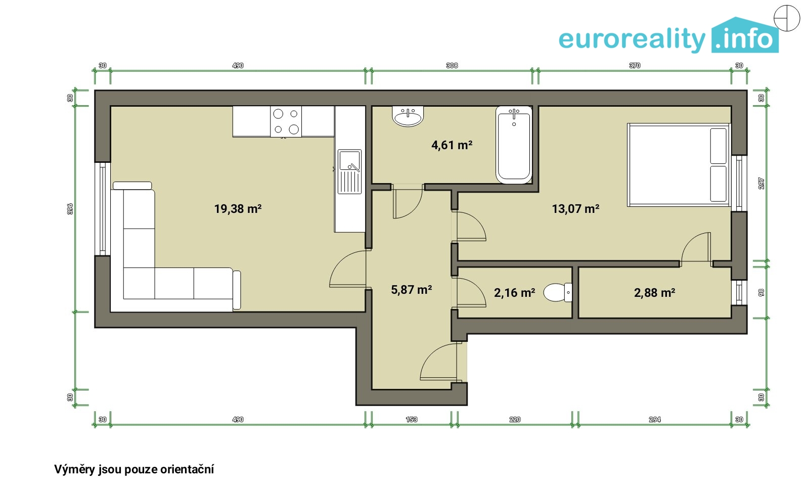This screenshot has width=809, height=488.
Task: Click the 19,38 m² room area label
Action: coord(238,209)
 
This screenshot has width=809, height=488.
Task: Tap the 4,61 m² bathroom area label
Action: coord(452,145)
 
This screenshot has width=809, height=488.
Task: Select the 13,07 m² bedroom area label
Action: coord(576,209)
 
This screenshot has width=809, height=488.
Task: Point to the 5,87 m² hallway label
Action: coord(412,290)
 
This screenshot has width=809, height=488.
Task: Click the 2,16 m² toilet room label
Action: coord(514,293)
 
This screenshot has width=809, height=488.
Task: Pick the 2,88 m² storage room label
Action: coord(654,293)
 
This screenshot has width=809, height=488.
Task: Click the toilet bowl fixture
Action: coord(558,292)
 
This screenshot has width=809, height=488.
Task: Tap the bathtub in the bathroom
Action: coord(514,145)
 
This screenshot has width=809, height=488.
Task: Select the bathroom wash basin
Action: coord(408,116)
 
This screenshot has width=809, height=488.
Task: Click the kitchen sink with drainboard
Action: coord(349,171)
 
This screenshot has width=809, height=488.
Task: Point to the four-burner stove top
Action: coord(286,121)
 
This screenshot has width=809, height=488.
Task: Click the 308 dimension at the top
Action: coord(452,65)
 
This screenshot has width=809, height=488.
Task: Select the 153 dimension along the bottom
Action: coord(412,419)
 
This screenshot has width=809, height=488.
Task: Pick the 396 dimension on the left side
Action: coord(70,209)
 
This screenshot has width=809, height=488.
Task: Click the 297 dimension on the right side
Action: coord(761,184)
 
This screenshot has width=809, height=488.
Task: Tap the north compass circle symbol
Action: coord(787,18)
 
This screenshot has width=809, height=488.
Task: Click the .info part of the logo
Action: coord(745,36)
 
